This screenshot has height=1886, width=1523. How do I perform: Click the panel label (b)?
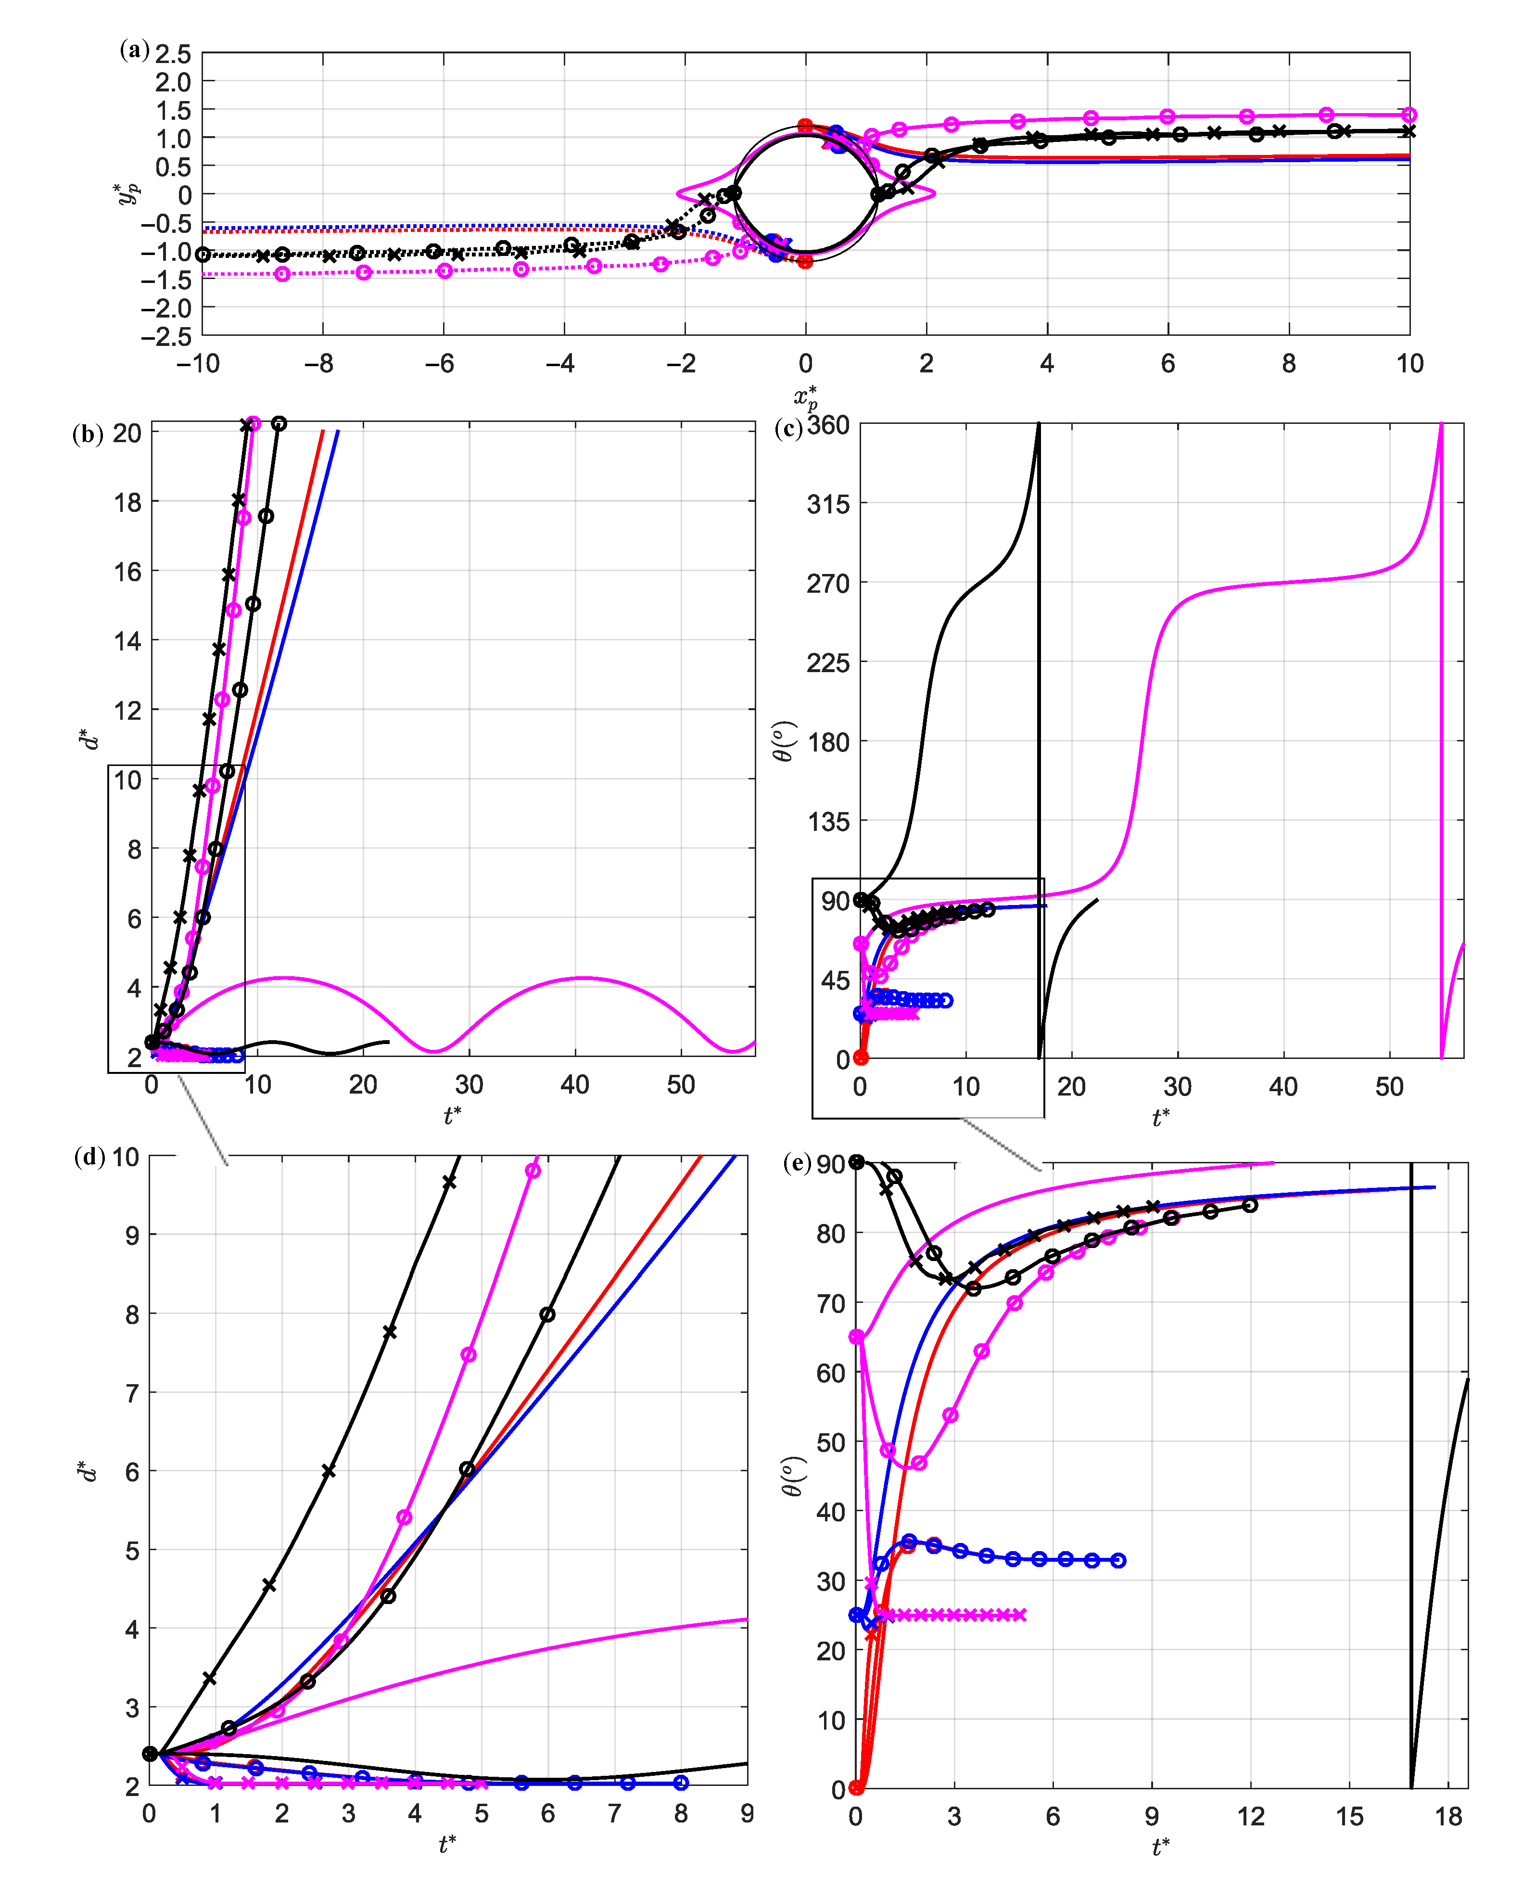pos(88,434)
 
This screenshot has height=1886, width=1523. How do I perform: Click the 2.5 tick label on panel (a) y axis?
pos(173,54)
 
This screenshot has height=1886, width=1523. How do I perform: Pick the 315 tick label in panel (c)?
pos(828,504)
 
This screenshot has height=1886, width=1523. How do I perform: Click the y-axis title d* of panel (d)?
pos(87,1471)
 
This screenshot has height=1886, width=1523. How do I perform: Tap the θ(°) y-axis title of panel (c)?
pos(785,741)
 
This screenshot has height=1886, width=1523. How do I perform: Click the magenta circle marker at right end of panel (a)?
pos(1409,115)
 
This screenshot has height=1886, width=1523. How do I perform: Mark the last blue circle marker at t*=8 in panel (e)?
pos(1118,1561)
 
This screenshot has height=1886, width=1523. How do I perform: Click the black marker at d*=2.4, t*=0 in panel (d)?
pos(150,1754)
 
